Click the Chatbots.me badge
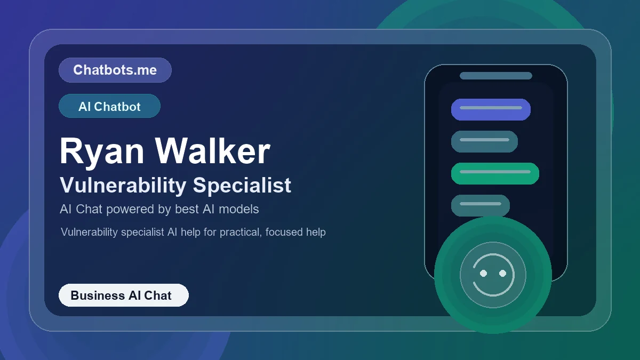(115, 70)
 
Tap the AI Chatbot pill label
(109, 106)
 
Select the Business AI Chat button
(123, 295)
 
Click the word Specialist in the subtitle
(242, 185)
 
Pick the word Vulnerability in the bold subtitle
(123, 185)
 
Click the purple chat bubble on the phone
(491, 109)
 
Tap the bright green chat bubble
(495, 173)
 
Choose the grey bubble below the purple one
(484, 141)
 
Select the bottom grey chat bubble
(480, 205)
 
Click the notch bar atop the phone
(495, 76)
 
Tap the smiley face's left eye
(483, 273)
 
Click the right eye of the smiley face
(502, 273)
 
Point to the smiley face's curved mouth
(493, 291)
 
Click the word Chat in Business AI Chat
(158, 295)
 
